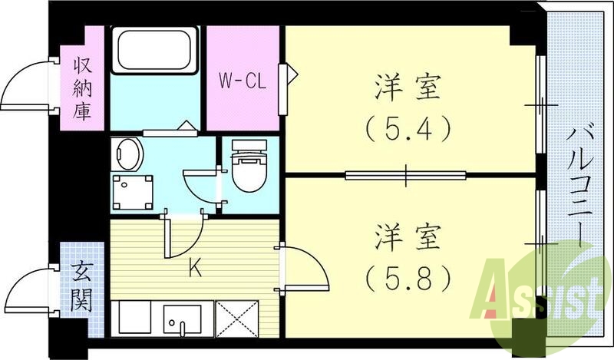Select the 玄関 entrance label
point(81,287)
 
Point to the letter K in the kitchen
point(196,269)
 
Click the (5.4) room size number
point(407,130)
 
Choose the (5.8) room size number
point(407,277)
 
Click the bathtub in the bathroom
point(155,50)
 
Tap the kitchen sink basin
point(183,317)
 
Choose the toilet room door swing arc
point(198,185)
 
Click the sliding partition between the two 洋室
point(406,175)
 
